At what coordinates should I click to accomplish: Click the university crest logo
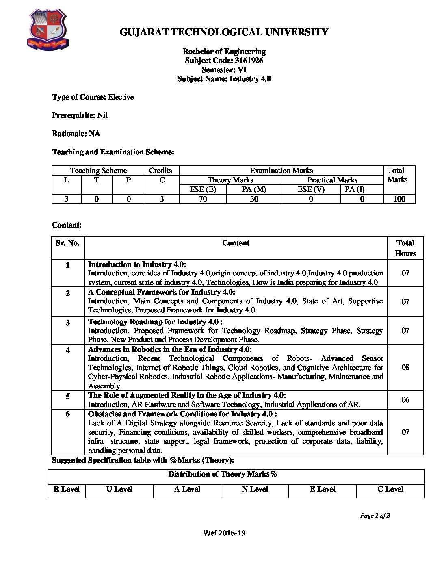tap(48, 31)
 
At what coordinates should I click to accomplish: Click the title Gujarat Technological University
tap(224, 32)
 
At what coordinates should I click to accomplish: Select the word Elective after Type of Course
tap(121, 97)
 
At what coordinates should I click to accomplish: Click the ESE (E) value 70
tap(203, 199)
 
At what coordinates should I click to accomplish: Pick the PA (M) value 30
tap(254, 199)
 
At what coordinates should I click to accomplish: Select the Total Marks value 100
tap(399, 199)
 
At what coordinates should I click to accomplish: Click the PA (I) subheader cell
tap(355, 189)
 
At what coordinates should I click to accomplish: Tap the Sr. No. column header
tap(67, 243)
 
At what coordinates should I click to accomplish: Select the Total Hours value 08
tap(405, 367)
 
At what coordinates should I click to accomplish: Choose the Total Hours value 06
tap(405, 400)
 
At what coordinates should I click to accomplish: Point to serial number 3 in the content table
tap(67, 323)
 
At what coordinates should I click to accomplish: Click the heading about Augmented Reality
tap(186, 395)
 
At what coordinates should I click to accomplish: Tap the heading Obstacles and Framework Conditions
tap(182, 414)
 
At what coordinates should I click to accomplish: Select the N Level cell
tap(255, 489)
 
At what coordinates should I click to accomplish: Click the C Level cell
tap(390, 489)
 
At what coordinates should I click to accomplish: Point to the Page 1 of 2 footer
tap(375, 516)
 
